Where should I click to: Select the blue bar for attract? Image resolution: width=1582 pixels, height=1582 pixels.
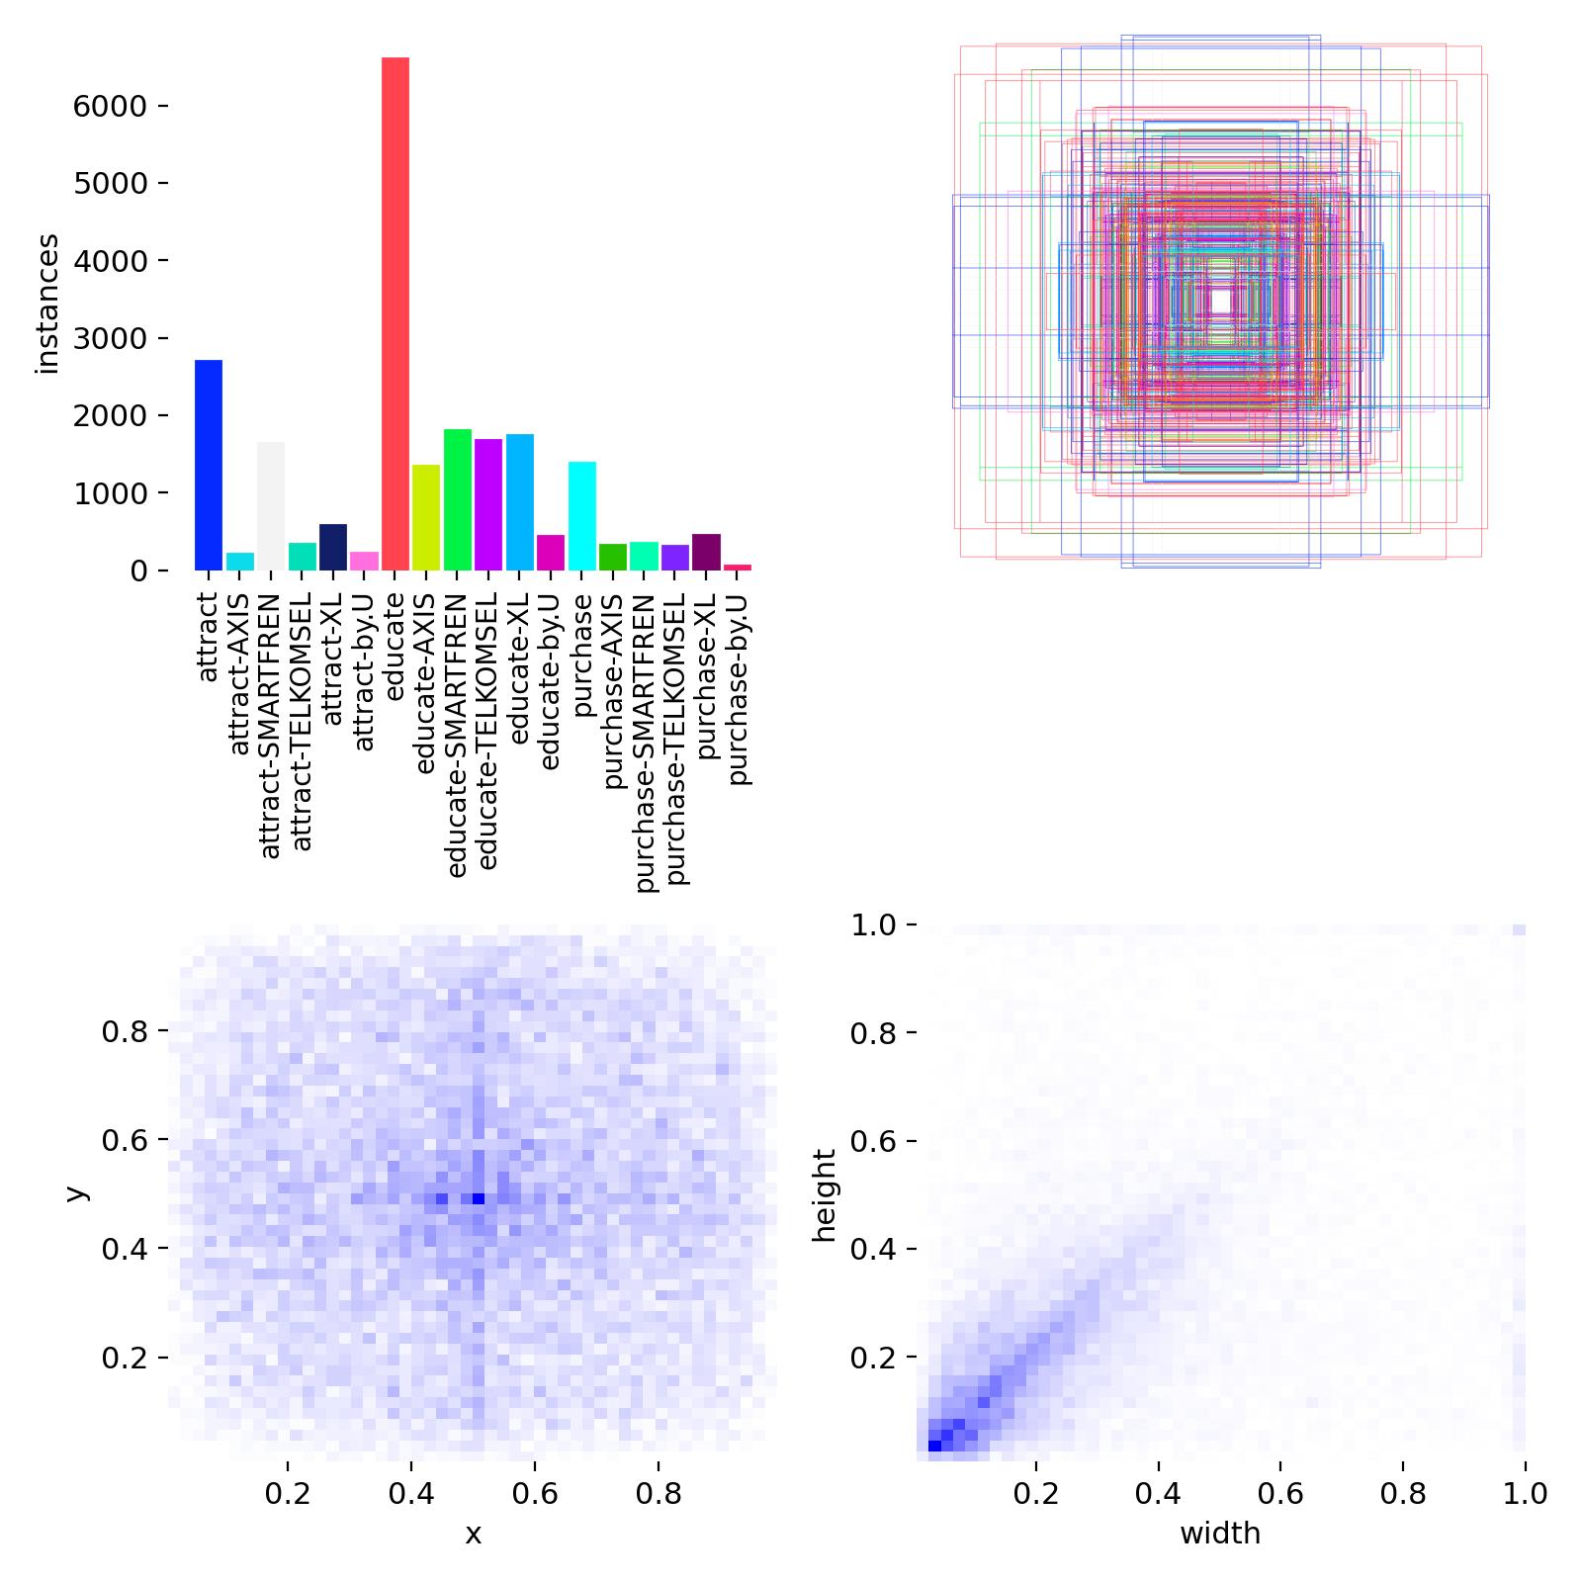[x=209, y=465]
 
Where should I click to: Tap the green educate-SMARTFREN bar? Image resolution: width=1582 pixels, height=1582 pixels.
[x=458, y=499]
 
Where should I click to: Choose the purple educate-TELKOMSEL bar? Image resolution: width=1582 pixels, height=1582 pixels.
[x=488, y=504]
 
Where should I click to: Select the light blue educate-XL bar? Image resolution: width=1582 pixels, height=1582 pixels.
[x=520, y=502]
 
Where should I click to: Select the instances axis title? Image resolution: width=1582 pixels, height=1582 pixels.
[x=47, y=304]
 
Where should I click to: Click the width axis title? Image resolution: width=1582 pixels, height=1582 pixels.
[x=1220, y=1534]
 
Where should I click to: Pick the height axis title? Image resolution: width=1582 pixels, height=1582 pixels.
[x=824, y=1195]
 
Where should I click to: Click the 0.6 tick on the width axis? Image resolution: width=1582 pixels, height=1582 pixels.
[x=1280, y=1493]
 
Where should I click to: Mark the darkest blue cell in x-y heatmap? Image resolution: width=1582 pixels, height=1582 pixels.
[x=479, y=1198]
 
